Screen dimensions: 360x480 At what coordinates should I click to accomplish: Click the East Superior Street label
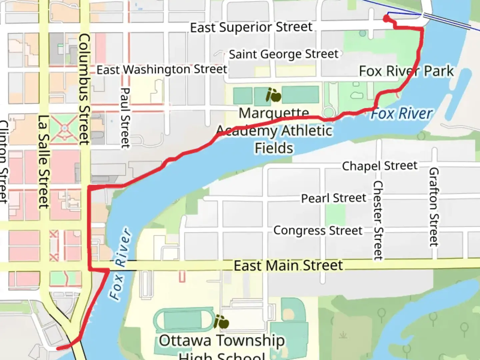pyautogui.click(x=251, y=27)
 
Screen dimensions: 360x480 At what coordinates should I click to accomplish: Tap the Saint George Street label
pyautogui.click(x=283, y=54)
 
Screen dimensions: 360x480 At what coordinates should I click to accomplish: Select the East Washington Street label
pyautogui.click(x=162, y=70)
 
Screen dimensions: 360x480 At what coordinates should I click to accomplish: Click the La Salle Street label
pyautogui.click(x=44, y=162)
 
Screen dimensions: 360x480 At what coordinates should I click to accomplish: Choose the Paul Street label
pyautogui.click(x=125, y=118)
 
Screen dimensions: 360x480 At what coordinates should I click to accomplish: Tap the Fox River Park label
pyautogui.click(x=406, y=71)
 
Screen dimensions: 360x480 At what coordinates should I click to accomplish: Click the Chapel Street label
pyautogui.click(x=380, y=166)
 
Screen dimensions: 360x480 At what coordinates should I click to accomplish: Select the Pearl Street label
pyautogui.click(x=334, y=198)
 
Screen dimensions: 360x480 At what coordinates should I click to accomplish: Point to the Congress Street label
pyautogui.click(x=318, y=231)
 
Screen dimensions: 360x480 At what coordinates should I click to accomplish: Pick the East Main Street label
pyautogui.click(x=288, y=266)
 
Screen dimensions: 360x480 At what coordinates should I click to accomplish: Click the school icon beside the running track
pyautogui.click(x=221, y=322)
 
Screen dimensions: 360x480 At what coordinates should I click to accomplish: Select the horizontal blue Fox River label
pyautogui.click(x=402, y=114)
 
